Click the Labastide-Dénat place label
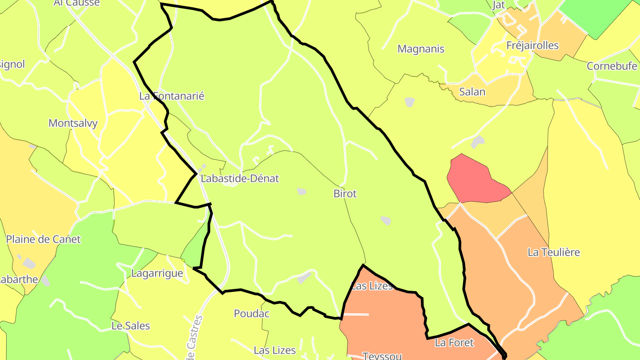coord(240,179)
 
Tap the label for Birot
coord(345,194)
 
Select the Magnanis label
coord(421,49)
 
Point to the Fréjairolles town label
coord(532,45)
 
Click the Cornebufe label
coord(612,66)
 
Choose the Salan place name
coord(472,92)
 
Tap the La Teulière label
coord(554,252)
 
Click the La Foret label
coord(454,343)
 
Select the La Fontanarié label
coord(172,96)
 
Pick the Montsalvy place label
coord(73,123)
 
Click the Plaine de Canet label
coord(43,240)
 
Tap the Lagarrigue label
coord(157,273)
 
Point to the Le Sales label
coord(131,326)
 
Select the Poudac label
coord(252,314)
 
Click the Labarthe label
coord(18,280)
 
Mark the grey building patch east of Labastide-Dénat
coord(302,191)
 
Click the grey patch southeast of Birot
coord(386,220)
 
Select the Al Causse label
coord(76,3)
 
